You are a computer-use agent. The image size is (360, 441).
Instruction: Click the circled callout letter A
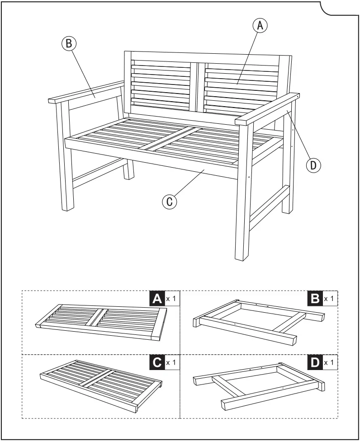[x=260, y=26]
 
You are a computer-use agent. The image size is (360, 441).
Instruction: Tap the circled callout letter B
[x=69, y=43]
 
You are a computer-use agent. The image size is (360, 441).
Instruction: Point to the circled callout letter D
[x=313, y=165]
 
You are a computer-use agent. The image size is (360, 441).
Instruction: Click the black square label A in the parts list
[x=157, y=299]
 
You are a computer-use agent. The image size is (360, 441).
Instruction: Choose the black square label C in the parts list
[x=157, y=362]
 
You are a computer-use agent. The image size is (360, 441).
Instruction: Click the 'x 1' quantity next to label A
[x=171, y=299]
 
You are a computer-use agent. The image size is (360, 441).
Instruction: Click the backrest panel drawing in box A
[x=101, y=322]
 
